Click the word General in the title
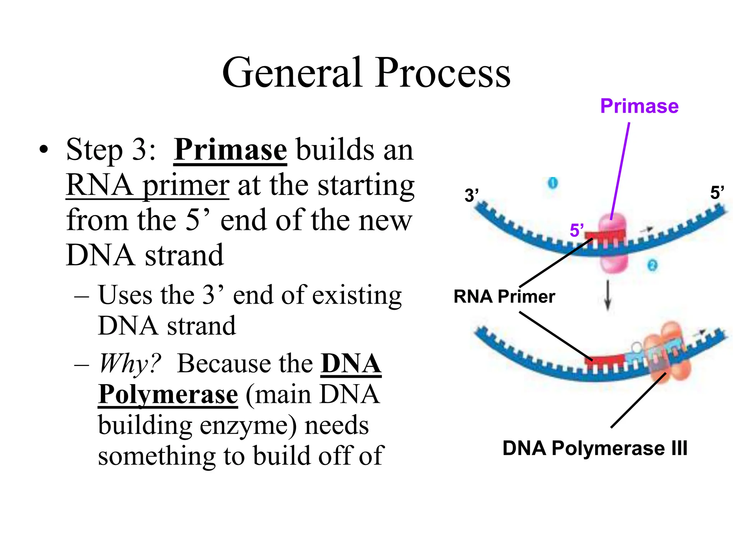[292, 73]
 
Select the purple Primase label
[639, 106]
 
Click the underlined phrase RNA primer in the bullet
[147, 185]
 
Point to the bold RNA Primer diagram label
[504, 296]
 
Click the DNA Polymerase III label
[595, 448]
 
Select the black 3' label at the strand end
[471, 196]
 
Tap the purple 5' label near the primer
[576, 230]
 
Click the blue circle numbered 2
[652, 265]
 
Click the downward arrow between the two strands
[607, 295]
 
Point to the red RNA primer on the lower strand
[605, 360]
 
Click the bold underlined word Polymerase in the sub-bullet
[168, 395]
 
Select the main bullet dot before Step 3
[43, 150]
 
